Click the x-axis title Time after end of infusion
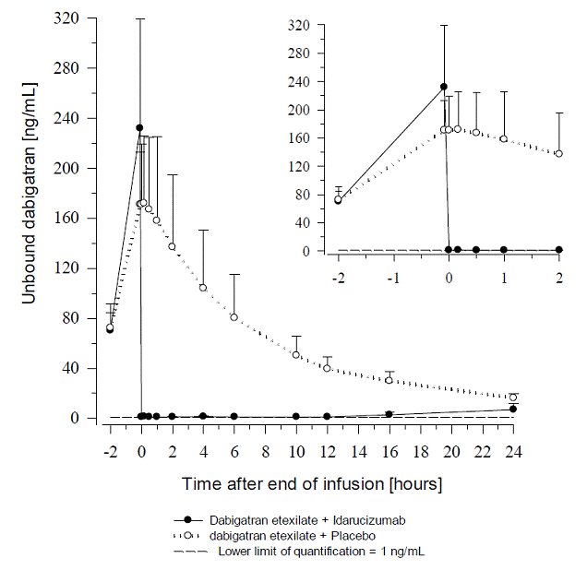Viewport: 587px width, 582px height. (x=311, y=483)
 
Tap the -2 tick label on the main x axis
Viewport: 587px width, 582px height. (x=109, y=453)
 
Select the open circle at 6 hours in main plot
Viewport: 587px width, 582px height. (x=234, y=317)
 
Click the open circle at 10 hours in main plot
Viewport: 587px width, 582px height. (x=296, y=354)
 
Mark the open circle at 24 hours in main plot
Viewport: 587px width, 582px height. (x=513, y=398)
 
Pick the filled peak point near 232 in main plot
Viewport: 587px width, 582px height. (x=139, y=128)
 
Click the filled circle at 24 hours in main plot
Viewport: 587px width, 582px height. (x=513, y=409)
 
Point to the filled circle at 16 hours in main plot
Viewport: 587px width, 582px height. (x=389, y=414)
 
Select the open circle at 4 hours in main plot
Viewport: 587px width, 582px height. (x=203, y=288)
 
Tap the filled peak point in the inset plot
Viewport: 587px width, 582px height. (x=443, y=87)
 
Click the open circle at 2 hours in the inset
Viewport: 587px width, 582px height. (x=559, y=153)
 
